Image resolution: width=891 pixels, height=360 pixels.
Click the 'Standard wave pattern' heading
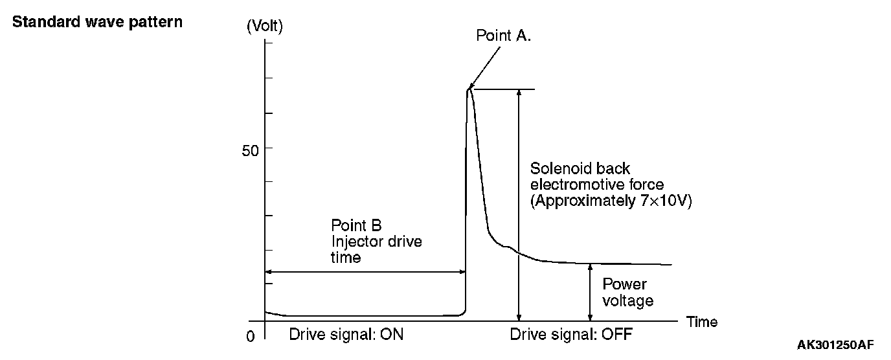click(97, 22)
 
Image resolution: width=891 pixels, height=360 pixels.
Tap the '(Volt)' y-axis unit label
click(265, 27)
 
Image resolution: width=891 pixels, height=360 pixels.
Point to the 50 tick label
click(251, 149)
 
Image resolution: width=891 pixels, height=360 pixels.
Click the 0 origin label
click(251, 337)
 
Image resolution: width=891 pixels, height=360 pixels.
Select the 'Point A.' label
click(504, 36)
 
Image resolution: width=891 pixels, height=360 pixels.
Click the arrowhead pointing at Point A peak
click(470, 87)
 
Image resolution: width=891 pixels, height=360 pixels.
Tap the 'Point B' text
click(357, 225)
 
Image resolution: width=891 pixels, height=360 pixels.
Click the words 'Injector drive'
click(376, 242)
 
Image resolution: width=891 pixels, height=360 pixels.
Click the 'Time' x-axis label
click(702, 322)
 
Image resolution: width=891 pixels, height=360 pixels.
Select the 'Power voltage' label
click(627, 293)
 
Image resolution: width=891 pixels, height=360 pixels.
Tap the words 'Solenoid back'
click(580, 169)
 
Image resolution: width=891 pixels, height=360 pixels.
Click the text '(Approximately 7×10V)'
click(611, 201)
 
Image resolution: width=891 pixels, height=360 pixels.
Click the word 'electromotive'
click(570, 185)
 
